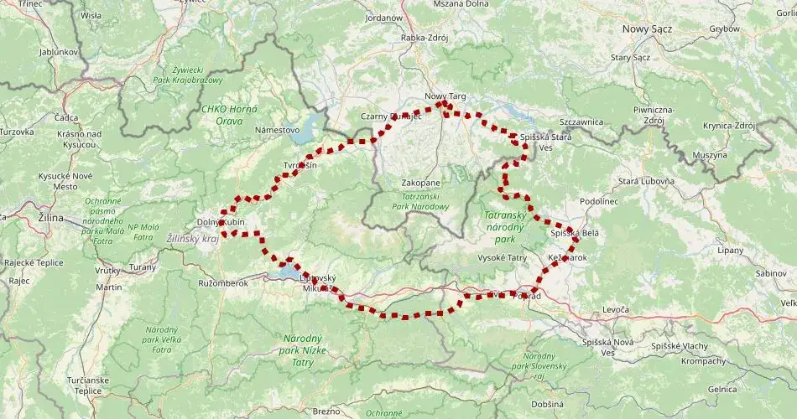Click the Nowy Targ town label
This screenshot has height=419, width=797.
445,96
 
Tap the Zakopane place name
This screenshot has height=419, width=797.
420,182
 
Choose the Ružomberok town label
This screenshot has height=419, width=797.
223,283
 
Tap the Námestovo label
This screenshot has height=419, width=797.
277,130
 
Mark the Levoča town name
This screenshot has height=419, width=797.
615,310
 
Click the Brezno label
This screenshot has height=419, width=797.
326,411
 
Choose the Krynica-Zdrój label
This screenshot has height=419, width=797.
728,125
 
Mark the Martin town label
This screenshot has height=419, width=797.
109,287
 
